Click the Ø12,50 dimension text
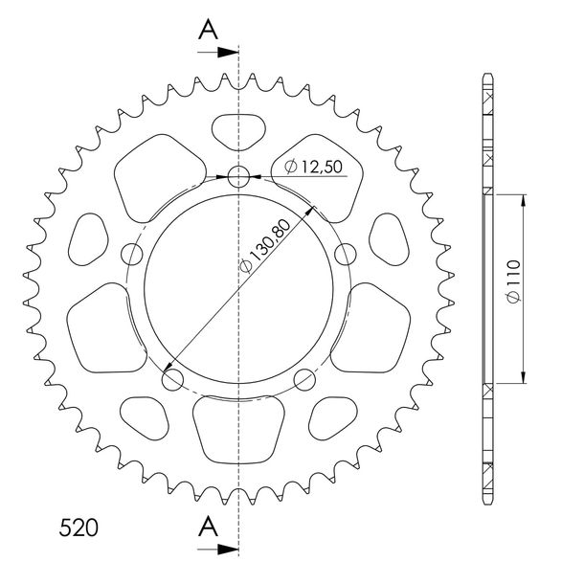314,167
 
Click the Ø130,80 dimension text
265,245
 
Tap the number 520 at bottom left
79,528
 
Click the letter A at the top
208,30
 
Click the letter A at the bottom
208,527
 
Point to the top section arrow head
228,53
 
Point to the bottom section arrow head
228,549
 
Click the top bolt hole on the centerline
238,176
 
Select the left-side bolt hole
132,255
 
